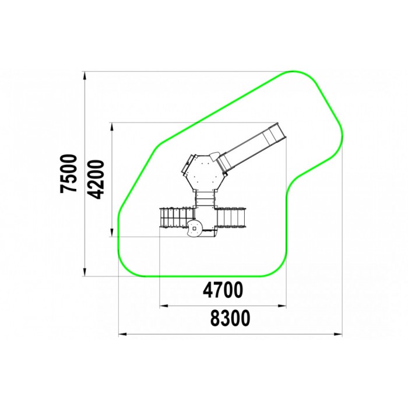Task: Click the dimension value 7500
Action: point(69,174)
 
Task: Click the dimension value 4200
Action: point(95,180)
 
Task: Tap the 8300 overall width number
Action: point(230,318)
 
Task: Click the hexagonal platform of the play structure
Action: point(203,173)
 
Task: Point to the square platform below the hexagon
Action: point(205,218)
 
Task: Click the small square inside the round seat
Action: point(194,228)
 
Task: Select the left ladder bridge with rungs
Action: point(177,217)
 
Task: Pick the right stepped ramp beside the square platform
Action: point(231,217)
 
